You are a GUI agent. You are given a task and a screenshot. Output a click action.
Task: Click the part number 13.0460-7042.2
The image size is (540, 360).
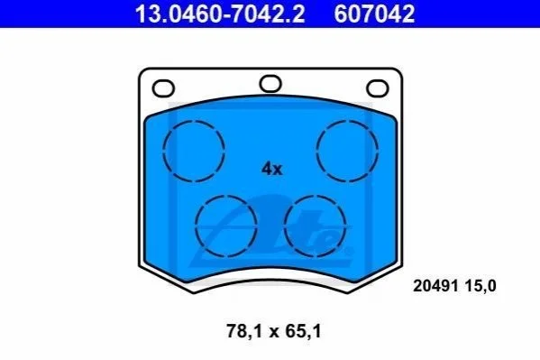click(220, 14)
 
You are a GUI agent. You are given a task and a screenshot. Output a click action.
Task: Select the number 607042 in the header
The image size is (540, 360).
click(374, 14)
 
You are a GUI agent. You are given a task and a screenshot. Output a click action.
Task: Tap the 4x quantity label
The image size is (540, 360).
click(271, 169)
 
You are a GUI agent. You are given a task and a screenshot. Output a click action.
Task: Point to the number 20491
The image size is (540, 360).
click(435, 286)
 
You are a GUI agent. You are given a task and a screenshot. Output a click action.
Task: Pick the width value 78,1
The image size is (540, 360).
click(245, 331)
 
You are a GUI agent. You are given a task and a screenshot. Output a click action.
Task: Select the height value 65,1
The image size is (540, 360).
click(303, 331)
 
